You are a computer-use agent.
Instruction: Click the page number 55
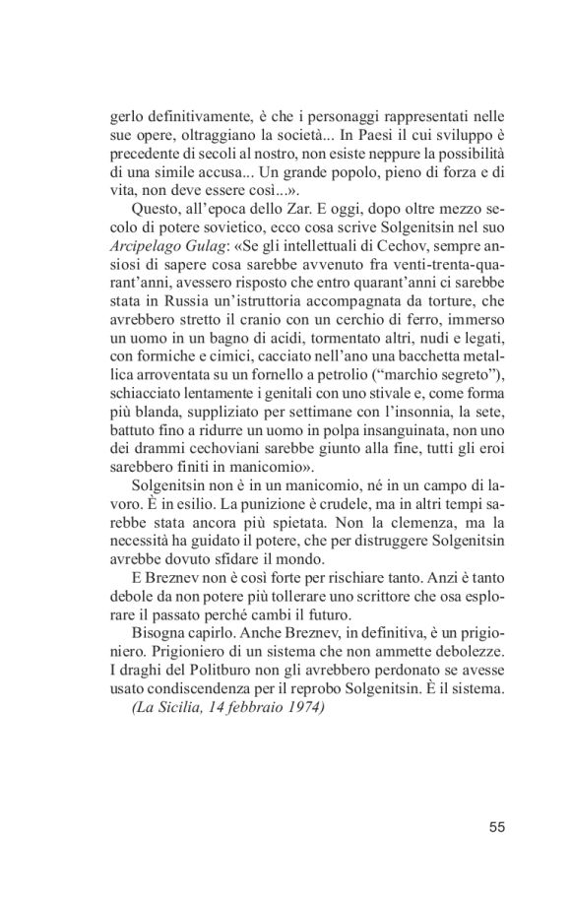click(x=495, y=826)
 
